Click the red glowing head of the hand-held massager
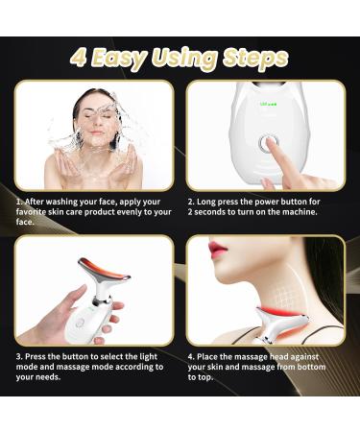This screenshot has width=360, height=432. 94,266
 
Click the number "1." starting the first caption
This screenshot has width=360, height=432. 19,201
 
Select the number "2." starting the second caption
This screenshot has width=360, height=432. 191,201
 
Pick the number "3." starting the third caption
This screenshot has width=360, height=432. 19,356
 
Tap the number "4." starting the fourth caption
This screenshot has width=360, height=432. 191,356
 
